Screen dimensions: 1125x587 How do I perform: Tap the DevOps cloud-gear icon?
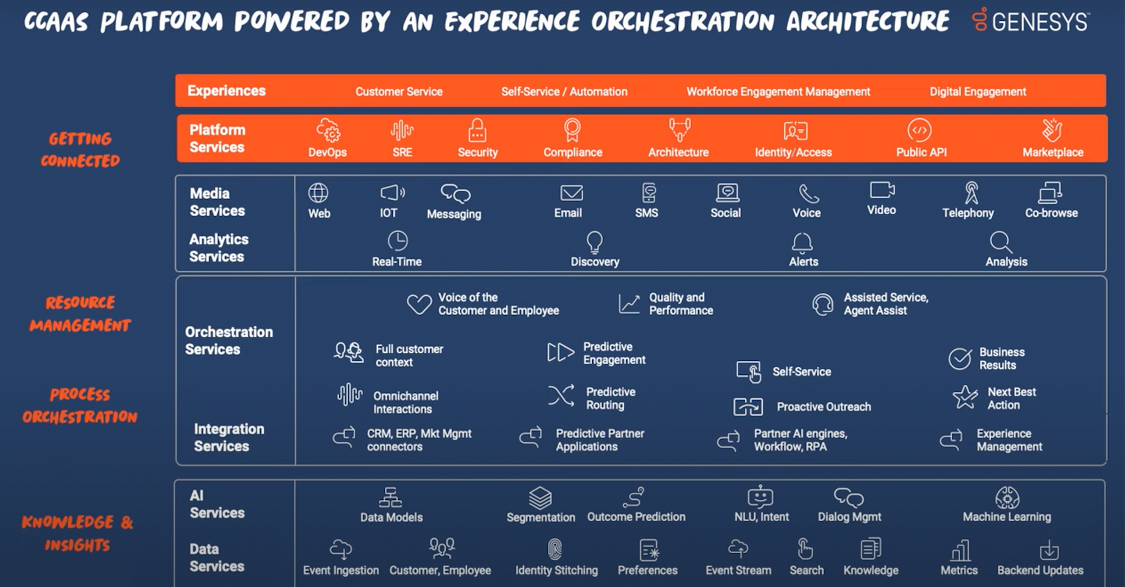pos(328,131)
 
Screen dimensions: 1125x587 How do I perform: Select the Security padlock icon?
pos(478,131)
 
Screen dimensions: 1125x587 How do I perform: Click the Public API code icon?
pos(920,131)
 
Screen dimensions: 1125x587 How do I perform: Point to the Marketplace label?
pos(1053,153)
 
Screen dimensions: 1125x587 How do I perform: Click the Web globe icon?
pos(318,193)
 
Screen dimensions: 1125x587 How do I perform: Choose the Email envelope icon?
pos(571,194)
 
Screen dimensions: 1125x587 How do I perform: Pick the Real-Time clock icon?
pos(398,241)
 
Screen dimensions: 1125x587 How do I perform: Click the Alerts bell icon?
pos(802,243)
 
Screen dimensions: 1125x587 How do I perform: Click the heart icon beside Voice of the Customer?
pos(419,304)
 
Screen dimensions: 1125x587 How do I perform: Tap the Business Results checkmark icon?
pos(960,359)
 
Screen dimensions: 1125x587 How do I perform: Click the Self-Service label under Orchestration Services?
pos(802,371)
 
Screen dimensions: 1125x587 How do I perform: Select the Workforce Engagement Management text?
pos(778,92)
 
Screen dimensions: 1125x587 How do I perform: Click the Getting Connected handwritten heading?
pos(80,150)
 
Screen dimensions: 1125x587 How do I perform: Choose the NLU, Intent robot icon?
pos(760,496)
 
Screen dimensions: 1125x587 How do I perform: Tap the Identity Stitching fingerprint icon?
pos(555,549)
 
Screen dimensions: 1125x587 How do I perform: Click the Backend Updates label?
pos(1040,570)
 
